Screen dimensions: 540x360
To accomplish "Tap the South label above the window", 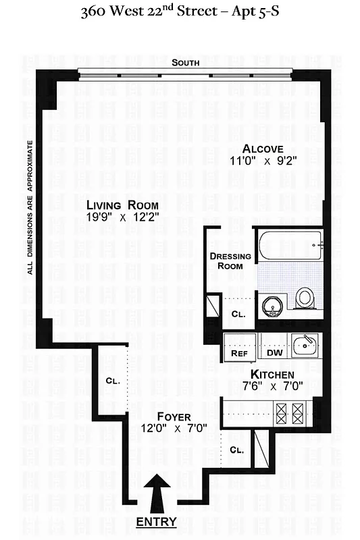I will (185, 63).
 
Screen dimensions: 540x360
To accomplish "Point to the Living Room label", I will (122, 205).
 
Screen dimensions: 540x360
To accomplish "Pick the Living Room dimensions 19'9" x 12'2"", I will (122, 217).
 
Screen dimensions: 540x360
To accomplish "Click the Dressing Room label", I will (230, 261).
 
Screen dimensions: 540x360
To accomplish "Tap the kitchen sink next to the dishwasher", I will (304, 346).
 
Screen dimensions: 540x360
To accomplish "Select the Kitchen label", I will (272, 375).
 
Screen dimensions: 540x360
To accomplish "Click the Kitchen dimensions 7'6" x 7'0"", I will (272, 387).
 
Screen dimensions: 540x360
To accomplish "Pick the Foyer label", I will (174, 416).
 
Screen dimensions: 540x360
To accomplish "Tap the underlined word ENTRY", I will (157, 522).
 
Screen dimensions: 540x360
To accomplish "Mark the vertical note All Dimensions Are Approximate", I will (30, 207).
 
